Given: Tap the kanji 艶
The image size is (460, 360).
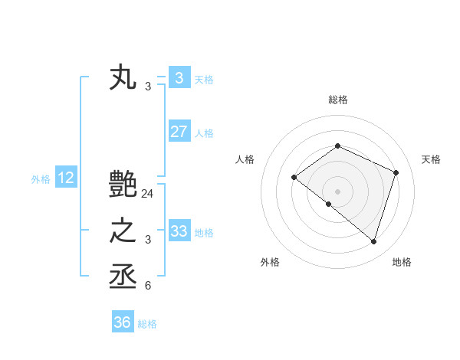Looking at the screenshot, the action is (x=123, y=184).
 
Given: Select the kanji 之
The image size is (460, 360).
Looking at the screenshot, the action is (x=123, y=231).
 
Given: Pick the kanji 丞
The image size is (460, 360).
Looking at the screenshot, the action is (x=123, y=277).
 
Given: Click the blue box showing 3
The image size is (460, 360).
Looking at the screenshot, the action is (x=179, y=78).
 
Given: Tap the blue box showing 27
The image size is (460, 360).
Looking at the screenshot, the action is (x=179, y=132).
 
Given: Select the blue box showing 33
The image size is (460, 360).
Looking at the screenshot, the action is (x=179, y=231).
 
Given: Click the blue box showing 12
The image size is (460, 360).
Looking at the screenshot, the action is (x=66, y=178).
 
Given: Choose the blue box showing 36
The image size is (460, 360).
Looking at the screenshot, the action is (x=122, y=322).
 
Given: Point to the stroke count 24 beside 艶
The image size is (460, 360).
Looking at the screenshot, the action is (x=148, y=195).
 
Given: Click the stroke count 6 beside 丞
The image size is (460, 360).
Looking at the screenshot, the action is (x=148, y=286).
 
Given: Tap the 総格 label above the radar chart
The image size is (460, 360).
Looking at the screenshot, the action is (x=337, y=100).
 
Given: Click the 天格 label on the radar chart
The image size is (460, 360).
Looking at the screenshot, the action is (x=431, y=159).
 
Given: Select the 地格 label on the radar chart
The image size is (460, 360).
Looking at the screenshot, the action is (x=402, y=262).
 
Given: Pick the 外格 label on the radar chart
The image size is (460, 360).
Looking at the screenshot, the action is (x=270, y=262).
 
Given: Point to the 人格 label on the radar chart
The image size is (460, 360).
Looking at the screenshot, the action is (x=245, y=159).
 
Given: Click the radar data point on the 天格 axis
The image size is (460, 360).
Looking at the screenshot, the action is (x=396, y=172).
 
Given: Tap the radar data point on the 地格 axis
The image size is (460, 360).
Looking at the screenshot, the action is (x=373, y=241).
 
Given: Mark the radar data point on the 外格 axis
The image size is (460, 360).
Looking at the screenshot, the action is (x=329, y=204).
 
